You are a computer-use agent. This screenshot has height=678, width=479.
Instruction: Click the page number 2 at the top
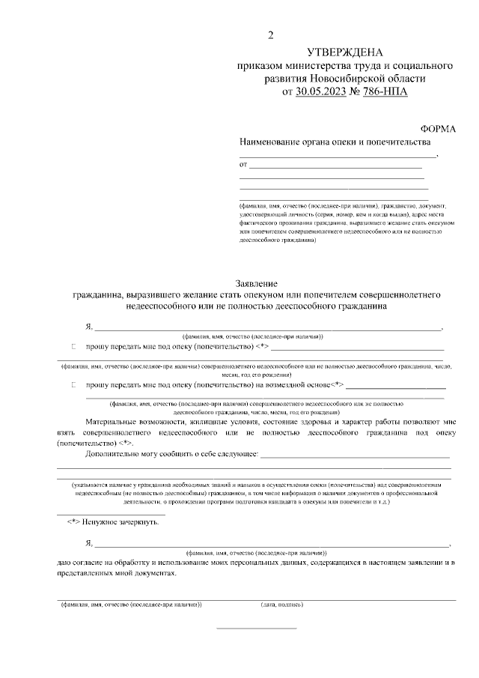(x=271, y=35)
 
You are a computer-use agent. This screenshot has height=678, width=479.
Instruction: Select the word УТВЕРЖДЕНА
(x=344, y=52)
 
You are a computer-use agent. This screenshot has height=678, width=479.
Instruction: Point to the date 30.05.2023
(x=321, y=91)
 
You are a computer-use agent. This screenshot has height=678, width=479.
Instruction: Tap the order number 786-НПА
(x=386, y=91)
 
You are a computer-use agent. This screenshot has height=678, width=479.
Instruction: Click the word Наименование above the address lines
(x=270, y=142)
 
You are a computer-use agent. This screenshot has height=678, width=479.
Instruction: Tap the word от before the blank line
(x=242, y=164)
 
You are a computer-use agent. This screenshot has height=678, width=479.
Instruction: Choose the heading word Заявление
(x=257, y=284)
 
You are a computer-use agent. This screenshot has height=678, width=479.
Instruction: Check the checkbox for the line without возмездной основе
(x=74, y=348)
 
